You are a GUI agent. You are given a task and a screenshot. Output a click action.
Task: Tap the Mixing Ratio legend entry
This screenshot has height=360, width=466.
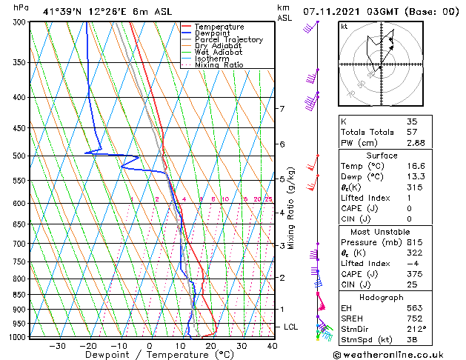tap(219, 65)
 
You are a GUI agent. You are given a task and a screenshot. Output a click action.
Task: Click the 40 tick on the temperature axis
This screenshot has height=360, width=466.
tap(272, 345)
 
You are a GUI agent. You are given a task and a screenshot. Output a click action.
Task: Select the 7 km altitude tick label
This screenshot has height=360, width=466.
tap(282, 109)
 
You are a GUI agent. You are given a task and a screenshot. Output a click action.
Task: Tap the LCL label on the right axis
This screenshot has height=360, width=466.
tap(291, 327)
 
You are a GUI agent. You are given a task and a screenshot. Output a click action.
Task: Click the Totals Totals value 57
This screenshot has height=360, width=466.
tap(412, 131)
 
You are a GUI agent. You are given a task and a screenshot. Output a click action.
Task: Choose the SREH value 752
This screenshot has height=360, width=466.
tap(415, 318)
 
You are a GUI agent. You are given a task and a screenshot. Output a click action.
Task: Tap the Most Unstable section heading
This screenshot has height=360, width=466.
tap(382, 232)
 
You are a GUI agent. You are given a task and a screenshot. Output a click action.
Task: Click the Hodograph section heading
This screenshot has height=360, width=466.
tap(382, 297)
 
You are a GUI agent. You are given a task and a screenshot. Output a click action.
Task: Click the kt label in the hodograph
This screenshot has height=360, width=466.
tap(344, 27)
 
